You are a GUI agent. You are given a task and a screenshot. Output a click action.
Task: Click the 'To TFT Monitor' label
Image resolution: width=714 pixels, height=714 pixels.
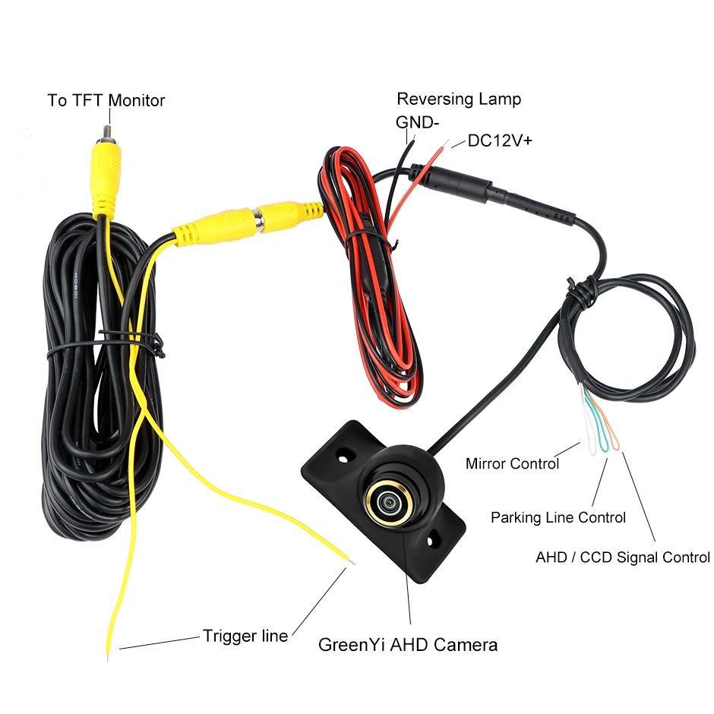(106, 100)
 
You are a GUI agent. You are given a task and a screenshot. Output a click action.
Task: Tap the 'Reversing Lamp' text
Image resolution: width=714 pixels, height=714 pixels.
(459, 99)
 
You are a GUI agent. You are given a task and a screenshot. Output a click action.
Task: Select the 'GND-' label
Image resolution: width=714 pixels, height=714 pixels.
(417, 122)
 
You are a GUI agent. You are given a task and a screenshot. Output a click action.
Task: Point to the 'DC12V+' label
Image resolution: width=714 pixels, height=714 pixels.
(499, 141)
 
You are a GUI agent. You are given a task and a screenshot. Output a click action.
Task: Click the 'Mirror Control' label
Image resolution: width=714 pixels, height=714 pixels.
(512, 463)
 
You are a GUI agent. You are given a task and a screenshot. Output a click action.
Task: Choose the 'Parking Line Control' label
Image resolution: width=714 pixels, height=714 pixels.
(558, 517)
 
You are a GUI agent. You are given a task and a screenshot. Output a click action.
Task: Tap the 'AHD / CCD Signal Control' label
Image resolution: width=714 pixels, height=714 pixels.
(623, 557)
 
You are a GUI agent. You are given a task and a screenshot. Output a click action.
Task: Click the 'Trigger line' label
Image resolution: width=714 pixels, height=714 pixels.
(245, 636)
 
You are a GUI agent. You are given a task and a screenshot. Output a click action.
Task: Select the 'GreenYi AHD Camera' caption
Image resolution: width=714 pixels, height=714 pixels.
(408, 645)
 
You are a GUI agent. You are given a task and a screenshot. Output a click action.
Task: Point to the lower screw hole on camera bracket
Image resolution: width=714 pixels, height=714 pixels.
(433, 541)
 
